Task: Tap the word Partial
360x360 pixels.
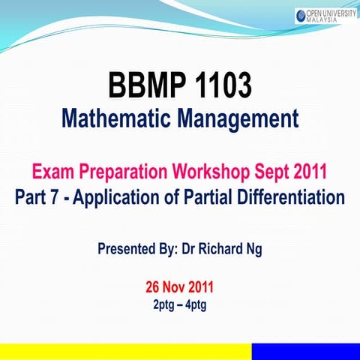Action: click(211, 198)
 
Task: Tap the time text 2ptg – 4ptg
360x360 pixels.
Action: click(179, 304)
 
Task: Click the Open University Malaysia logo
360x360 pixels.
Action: click(324, 15)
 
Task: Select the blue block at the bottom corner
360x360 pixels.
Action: click(305, 352)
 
